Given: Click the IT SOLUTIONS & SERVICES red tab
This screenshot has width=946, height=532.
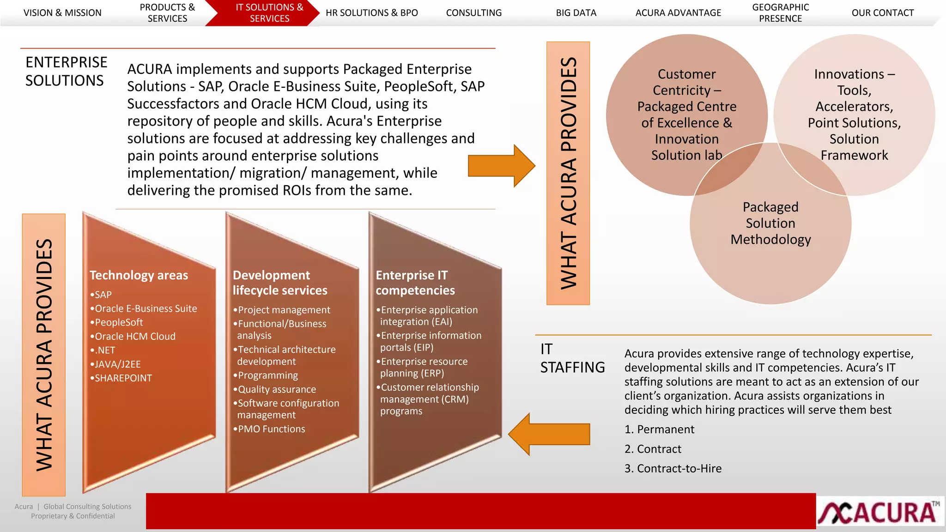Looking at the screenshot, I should click(x=269, y=13).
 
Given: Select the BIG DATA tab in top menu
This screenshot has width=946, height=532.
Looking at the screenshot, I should click(x=576, y=13).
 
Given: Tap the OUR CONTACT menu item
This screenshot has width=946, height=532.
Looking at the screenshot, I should click(x=882, y=13).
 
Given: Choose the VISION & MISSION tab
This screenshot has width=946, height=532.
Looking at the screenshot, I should click(x=62, y=13).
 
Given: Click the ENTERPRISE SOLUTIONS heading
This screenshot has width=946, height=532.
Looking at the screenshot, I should click(x=66, y=72).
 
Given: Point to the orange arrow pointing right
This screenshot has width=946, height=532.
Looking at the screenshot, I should click(x=501, y=166).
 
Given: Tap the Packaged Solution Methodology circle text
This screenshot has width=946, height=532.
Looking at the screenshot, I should click(x=770, y=223).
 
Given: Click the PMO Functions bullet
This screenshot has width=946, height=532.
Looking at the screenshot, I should click(x=271, y=429).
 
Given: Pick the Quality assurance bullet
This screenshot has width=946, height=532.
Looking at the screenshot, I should click(x=277, y=389).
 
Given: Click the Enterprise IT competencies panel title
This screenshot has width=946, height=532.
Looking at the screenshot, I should click(x=415, y=283).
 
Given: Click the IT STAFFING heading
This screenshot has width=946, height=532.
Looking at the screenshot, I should click(x=572, y=358).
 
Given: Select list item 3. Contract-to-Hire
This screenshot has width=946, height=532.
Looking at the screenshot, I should click(x=673, y=469).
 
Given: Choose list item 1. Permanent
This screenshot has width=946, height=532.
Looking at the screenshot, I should click(x=659, y=429).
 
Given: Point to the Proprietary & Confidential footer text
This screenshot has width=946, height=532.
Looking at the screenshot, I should click(x=73, y=516).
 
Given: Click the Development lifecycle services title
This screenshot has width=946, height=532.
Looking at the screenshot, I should click(x=280, y=283).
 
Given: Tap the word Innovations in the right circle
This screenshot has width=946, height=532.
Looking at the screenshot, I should click(x=849, y=74).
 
